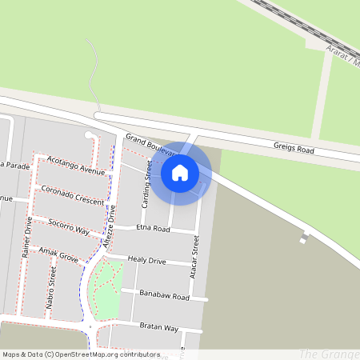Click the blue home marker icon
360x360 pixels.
click(180, 172)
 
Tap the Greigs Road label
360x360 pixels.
click(294, 147)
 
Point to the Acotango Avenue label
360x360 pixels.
click(76, 166)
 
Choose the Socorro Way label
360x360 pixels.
click(68, 225)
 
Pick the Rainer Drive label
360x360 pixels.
click(26, 239)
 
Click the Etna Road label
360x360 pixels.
click(153, 229)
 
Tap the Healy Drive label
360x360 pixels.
click(147, 261)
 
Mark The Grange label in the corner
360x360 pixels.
click(328, 354)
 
